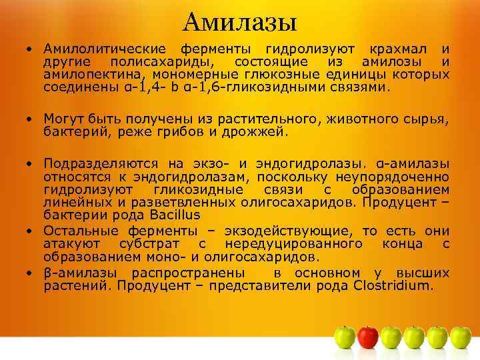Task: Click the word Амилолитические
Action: point(107,49)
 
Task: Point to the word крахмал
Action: point(396,49)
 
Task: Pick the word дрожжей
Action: point(257,131)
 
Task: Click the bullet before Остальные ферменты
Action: point(31,231)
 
